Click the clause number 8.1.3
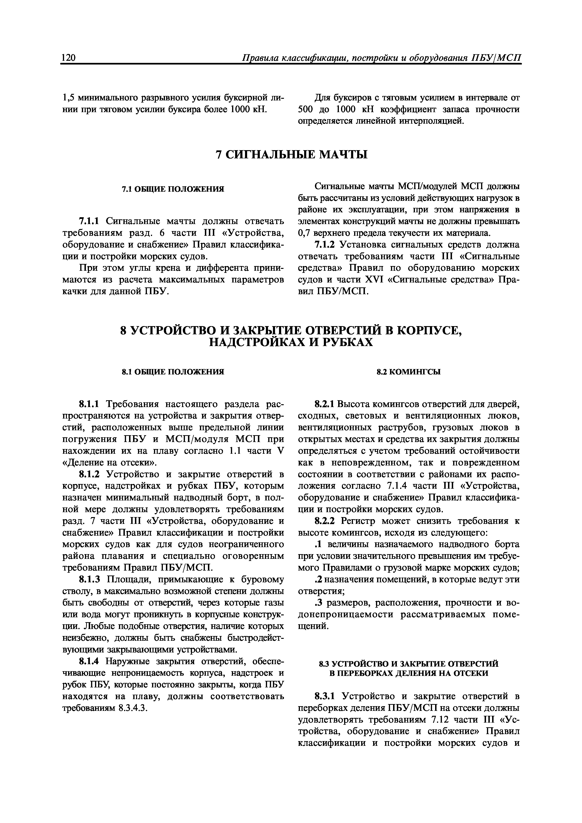pos(91,580)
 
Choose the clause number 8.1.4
pos(91,661)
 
